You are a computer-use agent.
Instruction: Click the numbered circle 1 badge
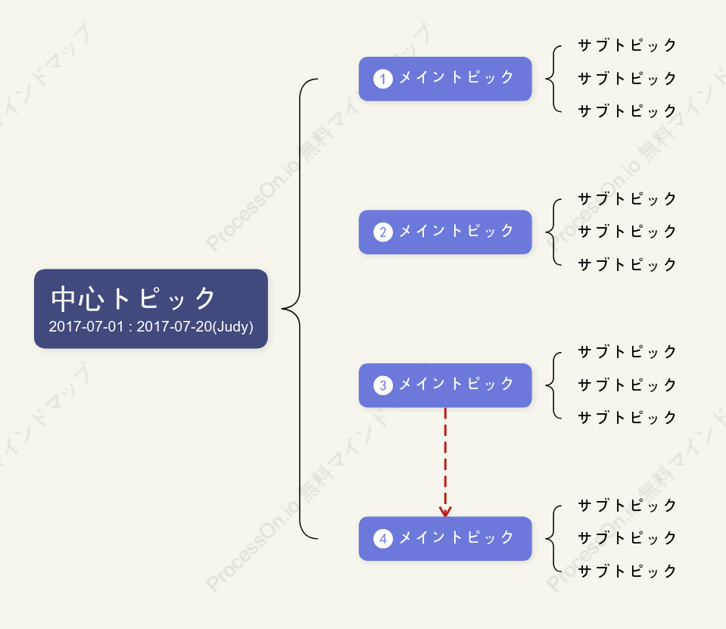[x=383, y=79]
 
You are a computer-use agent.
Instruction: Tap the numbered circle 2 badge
[x=383, y=232]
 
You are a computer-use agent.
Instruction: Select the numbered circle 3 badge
[x=383, y=385]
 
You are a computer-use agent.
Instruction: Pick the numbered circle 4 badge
[x=383, y=538]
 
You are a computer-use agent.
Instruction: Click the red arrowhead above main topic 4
[x=445, y=512]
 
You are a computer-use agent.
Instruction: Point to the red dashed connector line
[x=445, y=462]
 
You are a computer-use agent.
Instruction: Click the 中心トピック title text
[x=133, y=298]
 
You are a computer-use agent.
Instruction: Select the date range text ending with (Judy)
[x=151, y=327]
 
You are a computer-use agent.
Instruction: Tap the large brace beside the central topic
[x=300, y=309]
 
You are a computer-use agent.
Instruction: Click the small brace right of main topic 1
[x=553, y=79]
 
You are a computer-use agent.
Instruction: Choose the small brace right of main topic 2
[x=553, y=232]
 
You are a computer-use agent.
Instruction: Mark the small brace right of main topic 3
[x=553, y=385]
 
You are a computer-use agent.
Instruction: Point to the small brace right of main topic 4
[x=553, y=538]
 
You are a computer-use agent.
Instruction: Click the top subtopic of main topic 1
[x=628, y=45]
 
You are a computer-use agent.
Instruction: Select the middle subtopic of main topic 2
[x=628, y=232]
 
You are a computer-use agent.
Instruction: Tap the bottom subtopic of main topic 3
[x=628, y=418]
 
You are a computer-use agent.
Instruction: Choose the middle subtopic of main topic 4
[x=628, y=538]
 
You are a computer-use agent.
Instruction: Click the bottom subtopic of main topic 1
[x=628, y=111]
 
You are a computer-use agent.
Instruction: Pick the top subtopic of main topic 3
[x=628, y=352]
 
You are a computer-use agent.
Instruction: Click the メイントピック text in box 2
[x=456, y=231]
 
